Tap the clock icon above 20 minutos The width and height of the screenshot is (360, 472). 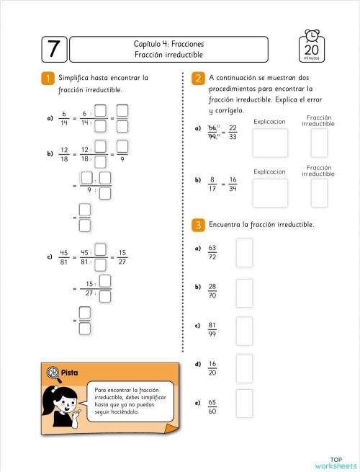(312, 37)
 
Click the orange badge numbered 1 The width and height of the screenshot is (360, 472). (47, 79)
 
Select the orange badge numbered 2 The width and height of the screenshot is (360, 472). (198, 79)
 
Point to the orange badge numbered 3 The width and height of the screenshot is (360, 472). (198, 226)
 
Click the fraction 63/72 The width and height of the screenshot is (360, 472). (212, 252)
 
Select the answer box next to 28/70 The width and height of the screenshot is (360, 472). (245, 292)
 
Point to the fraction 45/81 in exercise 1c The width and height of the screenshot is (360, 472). (64, 257)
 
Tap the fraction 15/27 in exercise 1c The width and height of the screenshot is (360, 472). (122, 257)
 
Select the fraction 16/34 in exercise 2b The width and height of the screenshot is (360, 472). (233, 184)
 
